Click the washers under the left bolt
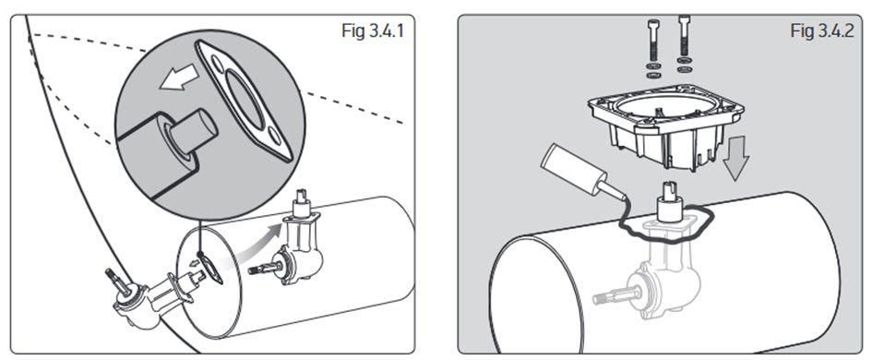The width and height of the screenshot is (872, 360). [x=651, y=71]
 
